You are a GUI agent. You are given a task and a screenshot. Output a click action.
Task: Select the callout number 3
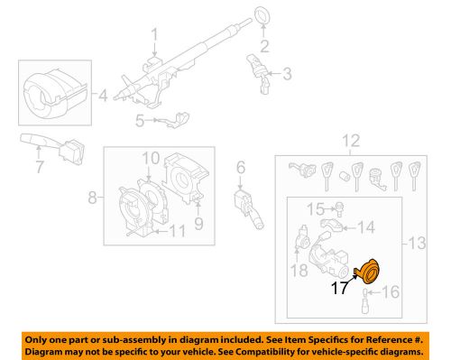tap(288, 74)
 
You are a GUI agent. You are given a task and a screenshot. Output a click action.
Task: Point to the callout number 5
tap(140, 120)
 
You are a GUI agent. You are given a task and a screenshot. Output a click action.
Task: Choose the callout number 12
tap(348, 140)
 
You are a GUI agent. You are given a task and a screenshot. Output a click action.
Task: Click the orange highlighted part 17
tap(368, 271)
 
